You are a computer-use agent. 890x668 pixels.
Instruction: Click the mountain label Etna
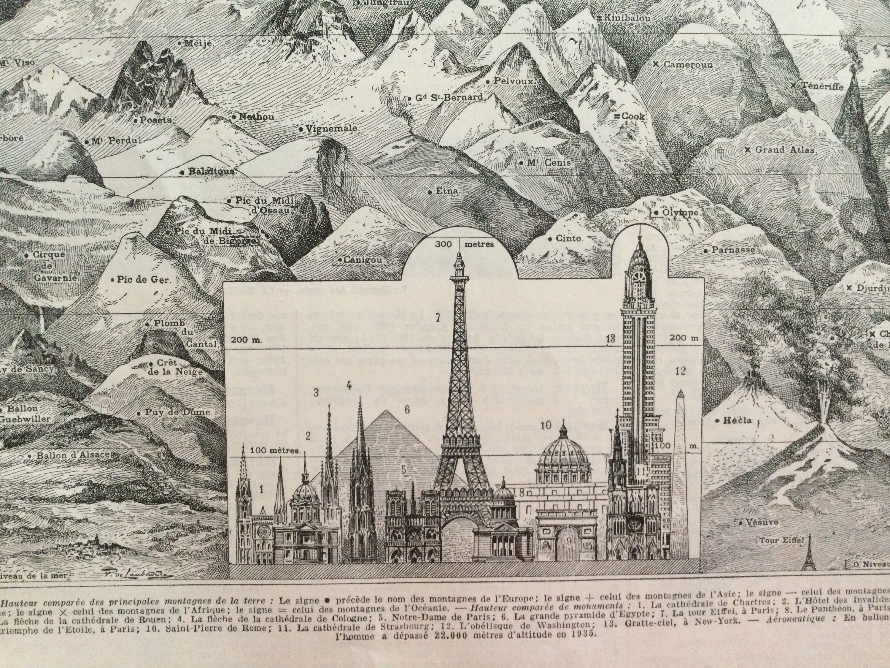447,191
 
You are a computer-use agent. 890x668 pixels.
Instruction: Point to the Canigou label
363,260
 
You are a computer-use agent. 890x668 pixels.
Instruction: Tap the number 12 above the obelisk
680,371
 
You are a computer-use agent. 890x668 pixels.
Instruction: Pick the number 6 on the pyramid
407,410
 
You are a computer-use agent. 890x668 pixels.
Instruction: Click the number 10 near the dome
546,425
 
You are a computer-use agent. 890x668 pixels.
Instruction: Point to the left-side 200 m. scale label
246,339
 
